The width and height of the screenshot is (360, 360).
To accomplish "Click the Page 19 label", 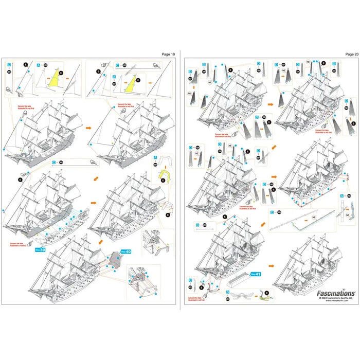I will tap(169, 53).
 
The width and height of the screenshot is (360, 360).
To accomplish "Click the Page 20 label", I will tap(352, 53).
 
